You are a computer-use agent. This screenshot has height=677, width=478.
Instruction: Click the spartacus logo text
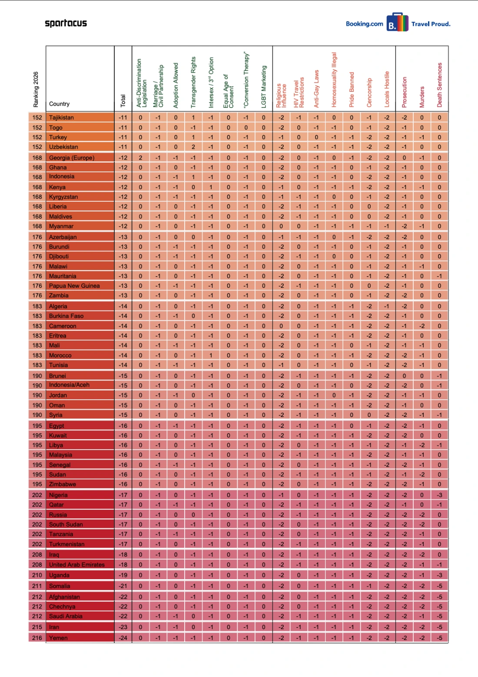[66, 23]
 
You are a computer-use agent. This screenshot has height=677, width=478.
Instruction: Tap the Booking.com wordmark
[364, 24]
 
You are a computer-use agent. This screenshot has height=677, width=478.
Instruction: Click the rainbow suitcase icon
[397, 23]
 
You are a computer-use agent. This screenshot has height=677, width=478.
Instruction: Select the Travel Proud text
[431, 24]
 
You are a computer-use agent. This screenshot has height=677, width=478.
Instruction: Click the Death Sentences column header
[439, 85]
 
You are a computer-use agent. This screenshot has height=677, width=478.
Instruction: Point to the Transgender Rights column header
[193, 82]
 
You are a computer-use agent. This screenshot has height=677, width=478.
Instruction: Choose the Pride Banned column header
[352, 90]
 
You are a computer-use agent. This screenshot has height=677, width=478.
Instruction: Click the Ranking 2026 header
[36, 89]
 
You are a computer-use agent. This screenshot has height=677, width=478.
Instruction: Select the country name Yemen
[58, 638]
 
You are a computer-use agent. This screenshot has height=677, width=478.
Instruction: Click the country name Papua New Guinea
[74, 286]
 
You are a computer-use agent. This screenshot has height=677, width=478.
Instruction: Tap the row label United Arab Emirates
[77, 564]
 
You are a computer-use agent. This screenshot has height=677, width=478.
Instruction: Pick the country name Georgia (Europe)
[72, 158]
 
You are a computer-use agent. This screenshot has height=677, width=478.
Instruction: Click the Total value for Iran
[123, 627]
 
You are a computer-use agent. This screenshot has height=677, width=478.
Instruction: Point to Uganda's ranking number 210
[37, 575]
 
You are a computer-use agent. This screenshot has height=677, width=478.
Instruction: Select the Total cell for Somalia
[123, 586]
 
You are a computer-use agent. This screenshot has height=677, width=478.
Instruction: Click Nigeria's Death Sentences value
[439, 495]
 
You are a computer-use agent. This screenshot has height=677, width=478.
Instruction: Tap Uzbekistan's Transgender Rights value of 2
[193, 147]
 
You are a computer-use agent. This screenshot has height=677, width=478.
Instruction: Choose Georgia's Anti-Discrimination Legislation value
[140, 158]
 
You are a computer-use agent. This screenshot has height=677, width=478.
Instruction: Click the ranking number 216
[37, 638]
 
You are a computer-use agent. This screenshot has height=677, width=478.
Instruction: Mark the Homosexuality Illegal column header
[334, 80]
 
